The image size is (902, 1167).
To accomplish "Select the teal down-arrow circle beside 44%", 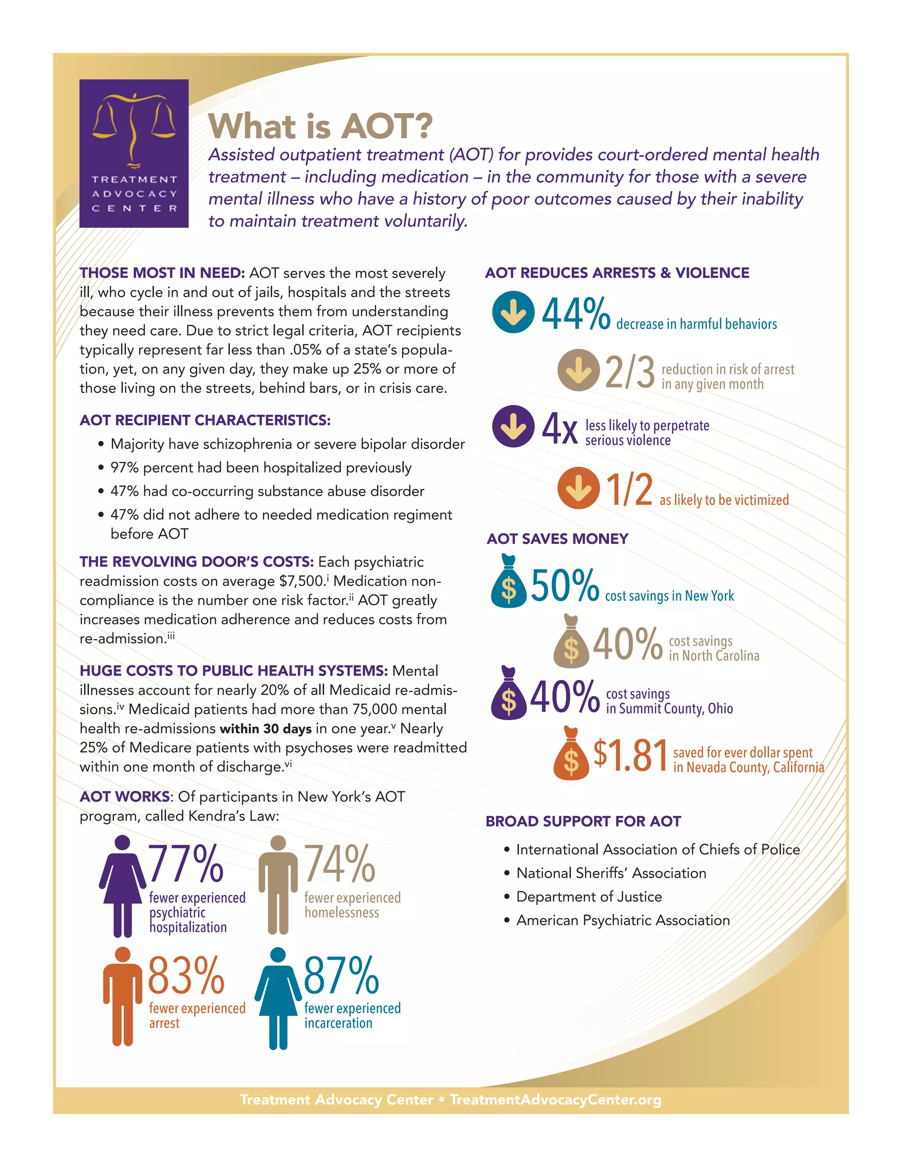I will tap(513, 312).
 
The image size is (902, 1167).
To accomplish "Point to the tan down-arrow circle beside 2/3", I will tap(578, 370).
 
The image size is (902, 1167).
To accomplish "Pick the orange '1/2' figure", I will tap(629, 489).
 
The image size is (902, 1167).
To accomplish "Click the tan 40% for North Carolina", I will tap(627, 644).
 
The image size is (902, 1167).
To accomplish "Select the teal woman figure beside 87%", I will tap(278, 998).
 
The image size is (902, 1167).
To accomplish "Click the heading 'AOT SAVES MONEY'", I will tap(557, 539).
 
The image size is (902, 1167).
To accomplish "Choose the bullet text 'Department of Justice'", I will tap(589, 897).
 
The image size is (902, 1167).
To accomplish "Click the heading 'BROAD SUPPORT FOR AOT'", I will tap(583, 821).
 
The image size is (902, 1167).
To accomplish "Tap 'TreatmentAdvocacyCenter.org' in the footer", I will tap(555, 1100).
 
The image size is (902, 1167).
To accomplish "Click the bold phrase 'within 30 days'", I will tap(265, 728).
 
